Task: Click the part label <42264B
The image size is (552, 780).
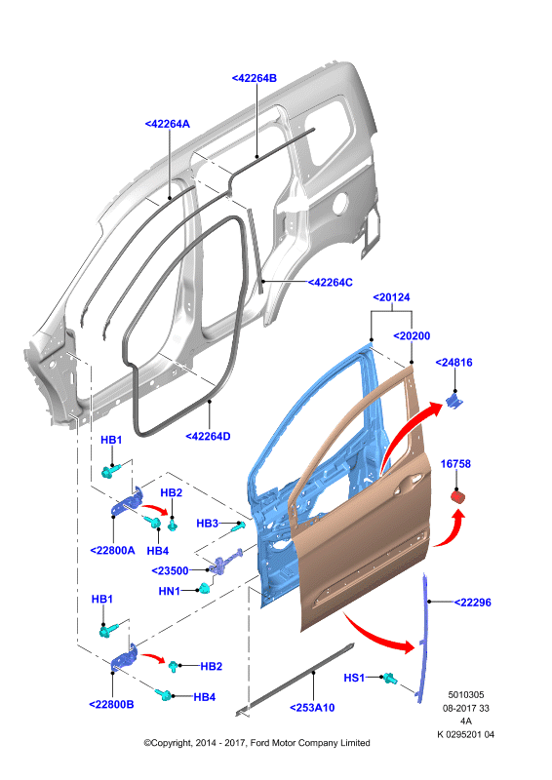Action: [255, 78]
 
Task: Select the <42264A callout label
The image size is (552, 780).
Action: [167, 124]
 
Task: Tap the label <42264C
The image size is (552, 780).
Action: [330, 283]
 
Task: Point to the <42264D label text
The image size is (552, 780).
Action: [208, 436]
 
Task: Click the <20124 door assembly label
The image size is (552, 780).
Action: [392, 297]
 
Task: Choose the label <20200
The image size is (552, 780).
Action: [412, 336]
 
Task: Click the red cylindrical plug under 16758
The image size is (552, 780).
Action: [457, 496]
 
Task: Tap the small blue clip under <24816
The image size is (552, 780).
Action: [453, 401]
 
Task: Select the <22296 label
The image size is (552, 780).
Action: [472, 603]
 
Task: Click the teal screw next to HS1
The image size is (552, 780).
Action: [389, 678]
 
